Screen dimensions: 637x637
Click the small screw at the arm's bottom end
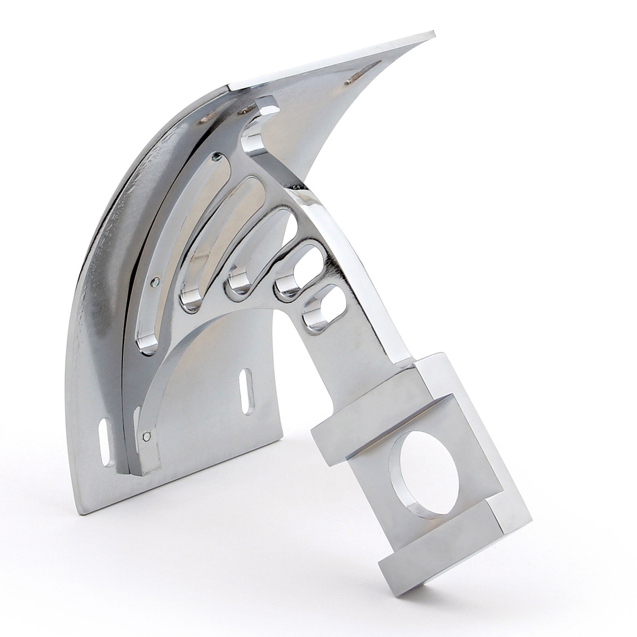147,437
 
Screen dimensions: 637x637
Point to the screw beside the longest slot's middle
154,281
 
